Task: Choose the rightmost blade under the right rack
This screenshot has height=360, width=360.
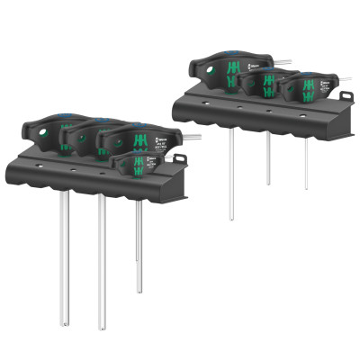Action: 305,162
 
